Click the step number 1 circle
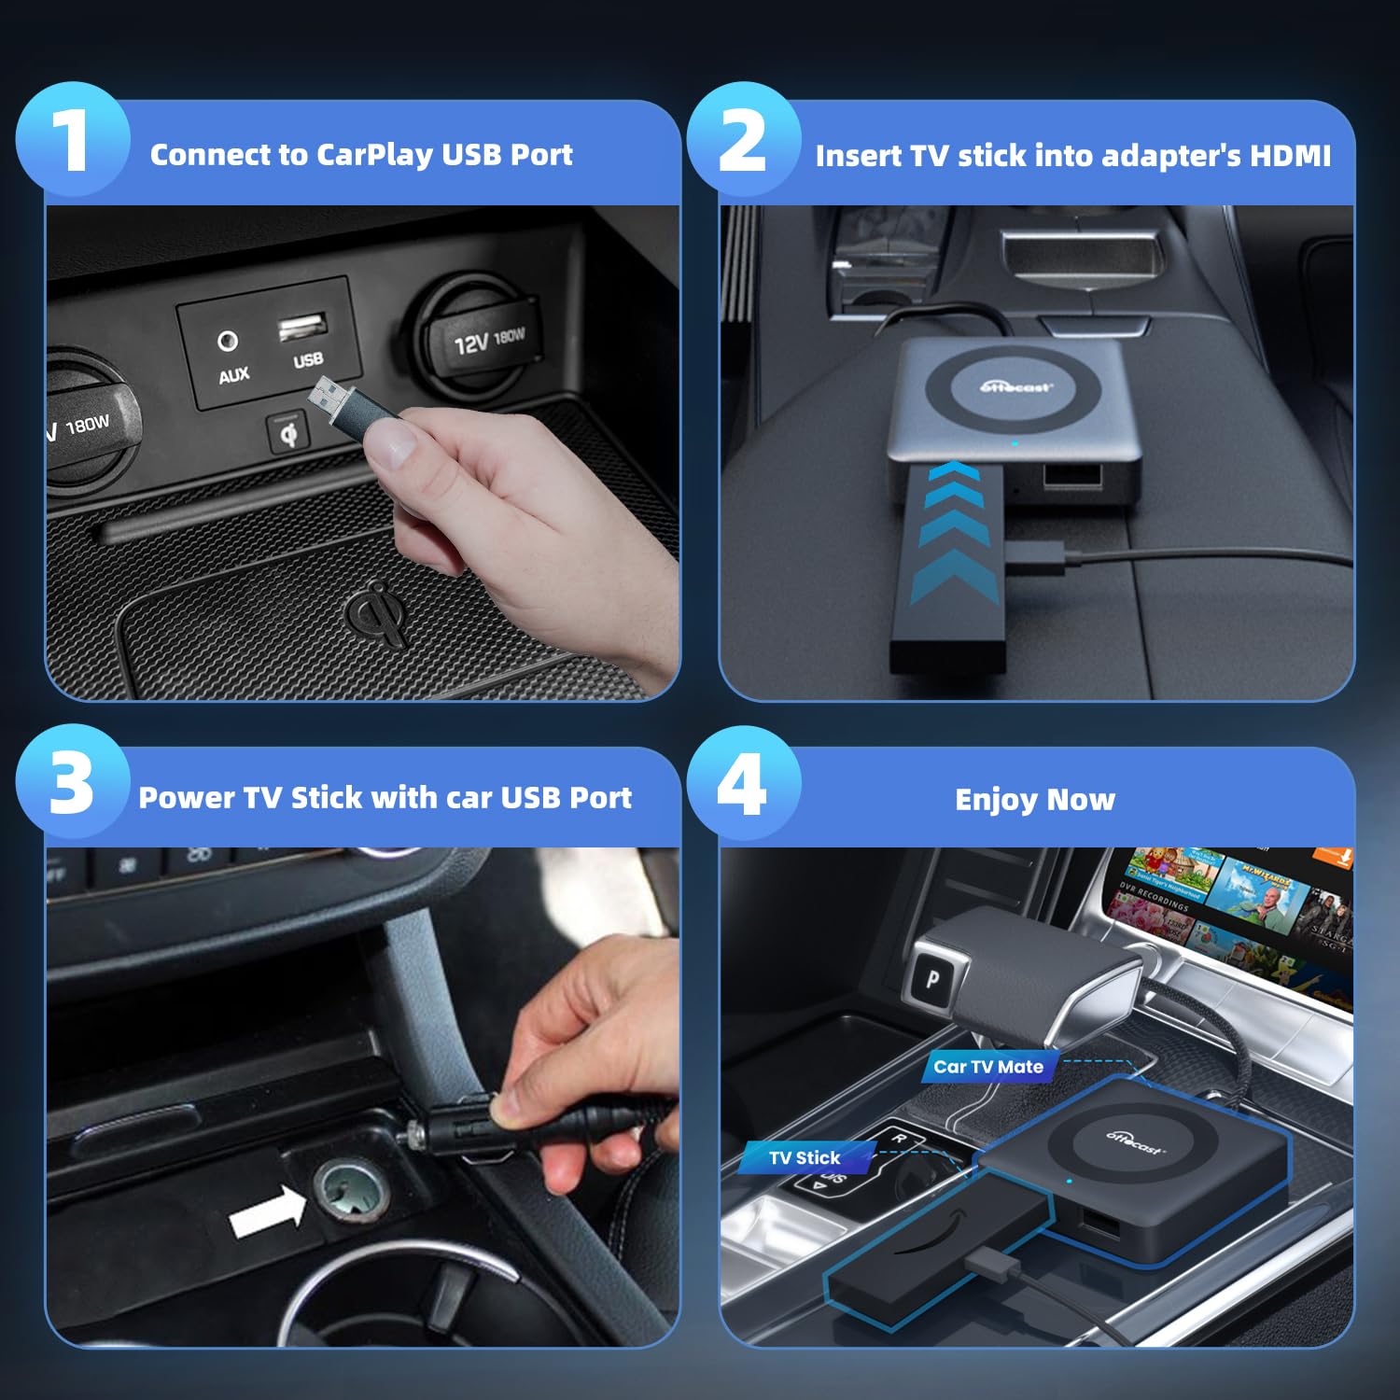(73, 139)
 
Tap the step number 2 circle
(744, 139)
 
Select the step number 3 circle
(73, 782)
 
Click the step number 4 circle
(744, 782)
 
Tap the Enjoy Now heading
(1034, 800)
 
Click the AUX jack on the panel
(228, 342)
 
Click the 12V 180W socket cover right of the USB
(485, 342)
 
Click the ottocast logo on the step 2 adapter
(1016, 386)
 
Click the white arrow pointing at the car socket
(268, 1214)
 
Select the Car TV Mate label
(988, 1067)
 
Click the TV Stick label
(805, 1158)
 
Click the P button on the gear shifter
(932, 979)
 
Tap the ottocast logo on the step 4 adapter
(1135, 1141)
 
